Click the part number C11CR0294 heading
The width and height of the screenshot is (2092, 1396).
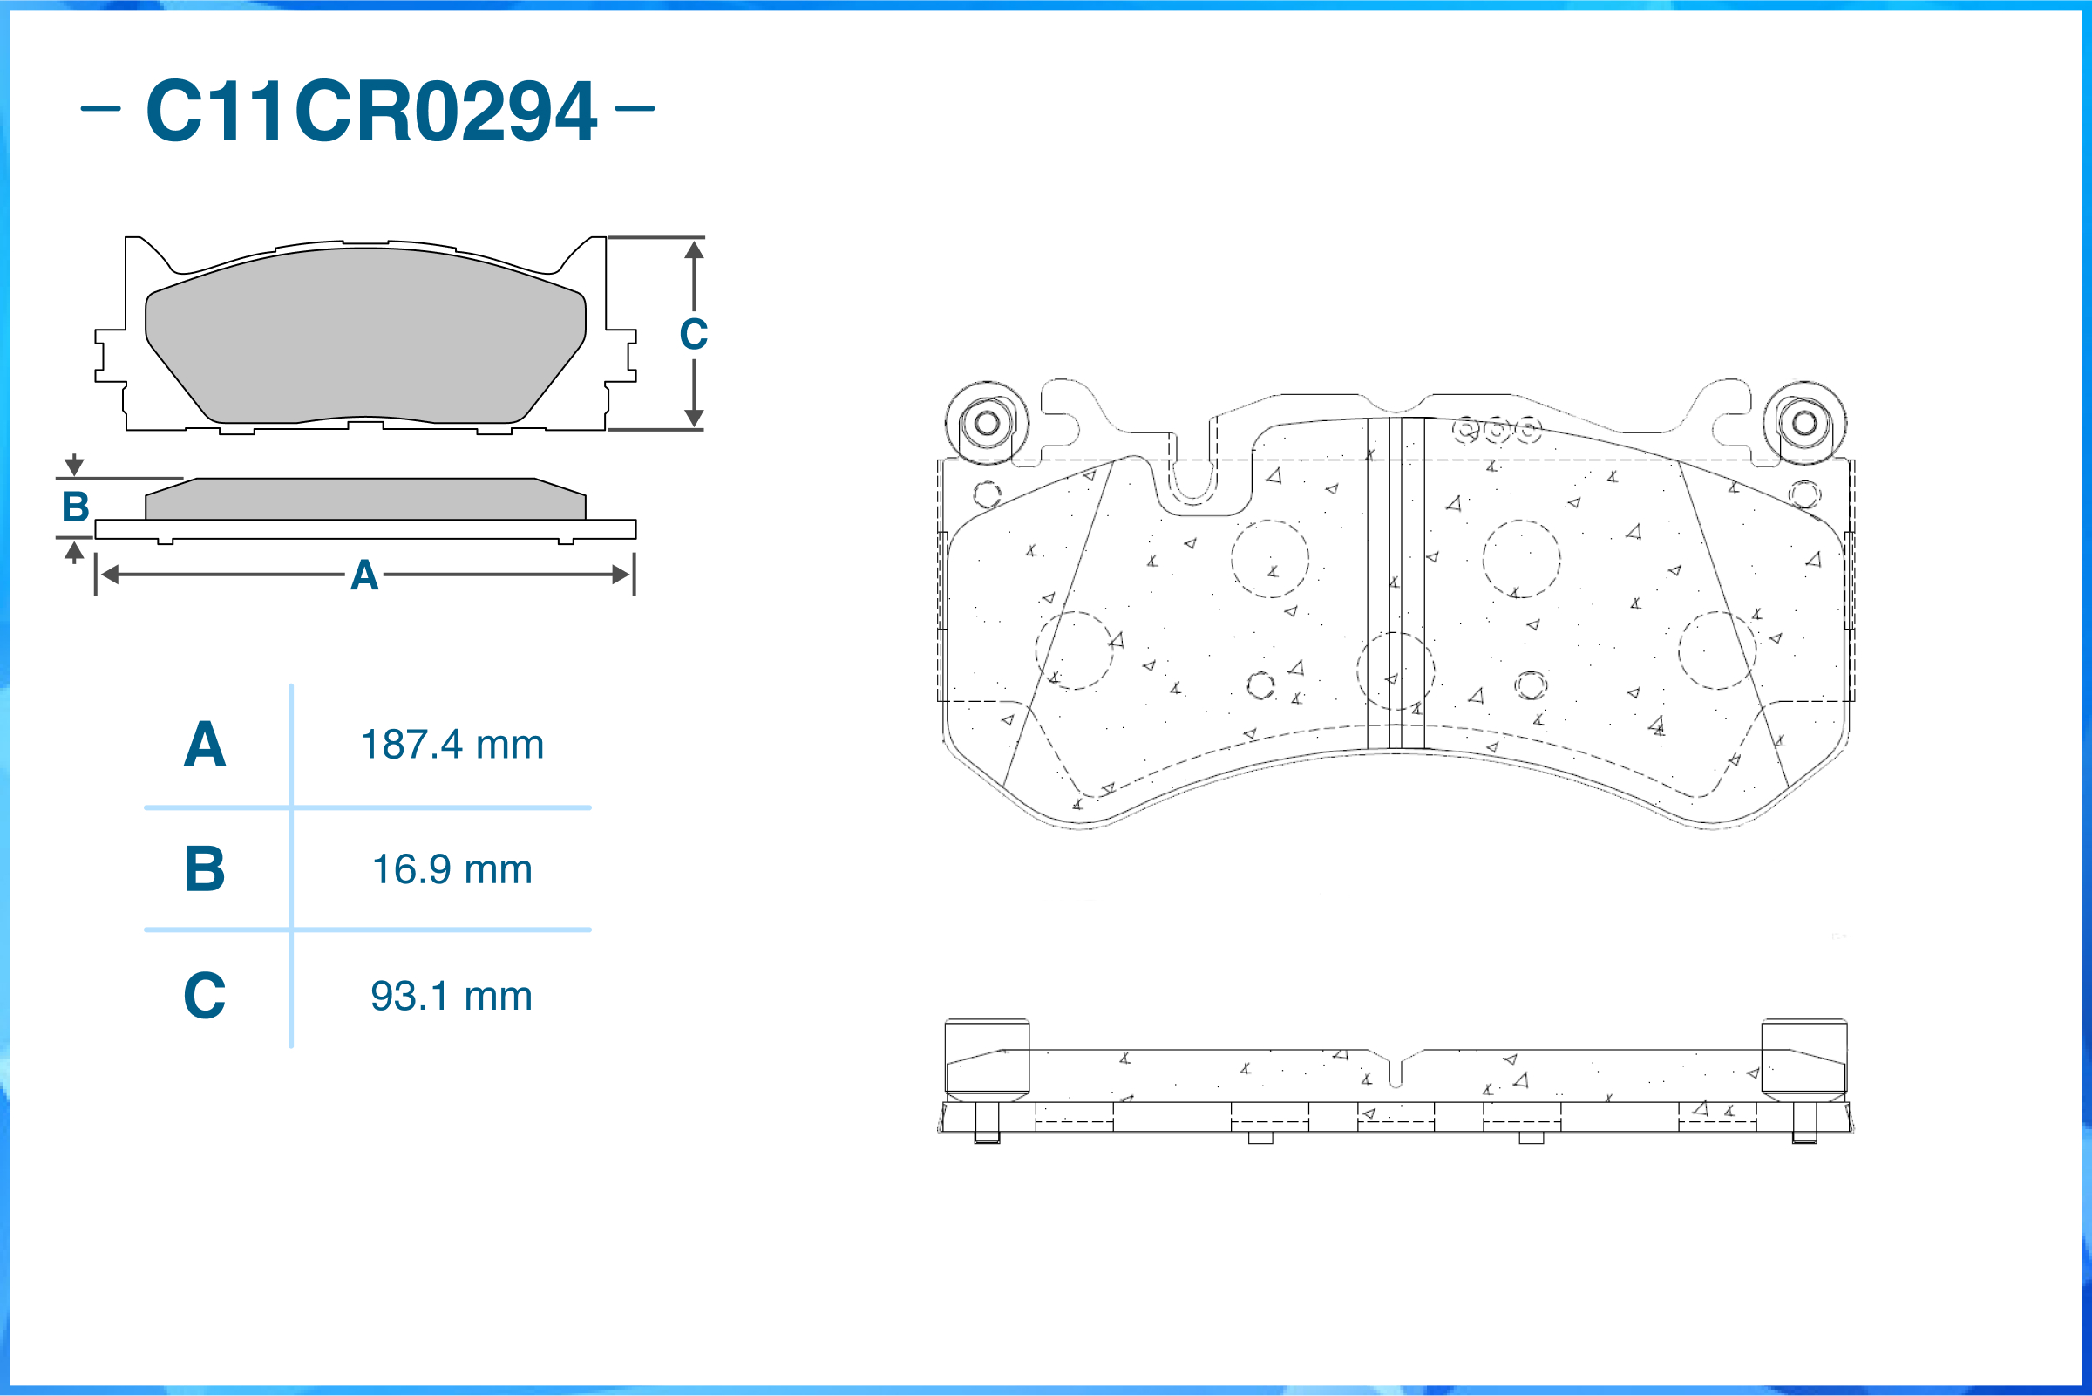(x=371, y=111)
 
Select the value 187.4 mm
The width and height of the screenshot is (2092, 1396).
(x=452, y=745)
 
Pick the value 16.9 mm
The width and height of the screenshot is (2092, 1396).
(x=452, y=869)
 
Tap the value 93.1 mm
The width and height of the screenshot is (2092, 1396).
(x=452, y=996)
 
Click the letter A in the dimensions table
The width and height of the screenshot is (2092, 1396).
(x=205, y=745)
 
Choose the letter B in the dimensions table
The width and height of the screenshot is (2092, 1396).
(x=205, y=869)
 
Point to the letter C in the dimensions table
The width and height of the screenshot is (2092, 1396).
(x=205, y=996)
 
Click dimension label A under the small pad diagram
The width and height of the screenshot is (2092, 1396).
(x=364, y=575)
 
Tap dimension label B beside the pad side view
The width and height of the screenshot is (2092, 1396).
(x=76, y=507)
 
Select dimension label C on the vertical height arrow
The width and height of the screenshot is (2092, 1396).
(x=694, y=335)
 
